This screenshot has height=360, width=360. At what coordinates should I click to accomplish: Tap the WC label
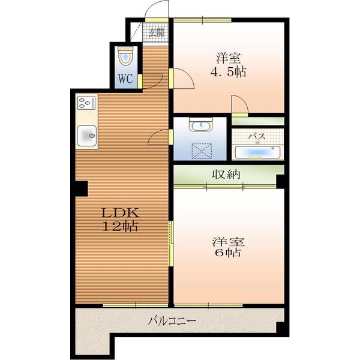pyautogui.click(x=125, y=79)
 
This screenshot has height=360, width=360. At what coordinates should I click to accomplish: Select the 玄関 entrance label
pyautogui.click(x=157, y=32)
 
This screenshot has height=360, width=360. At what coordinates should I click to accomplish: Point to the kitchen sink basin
pyautogui.click(x=87, y=136)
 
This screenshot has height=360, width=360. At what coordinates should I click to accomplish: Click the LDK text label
pyautogui.click(x=121, y=213)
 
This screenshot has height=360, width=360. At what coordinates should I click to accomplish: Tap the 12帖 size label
pyautogui.click(x=121, y=226)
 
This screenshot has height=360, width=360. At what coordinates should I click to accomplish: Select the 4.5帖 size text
pyautogui.click(x=228, y=71)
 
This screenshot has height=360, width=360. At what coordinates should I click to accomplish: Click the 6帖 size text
pyautogui.click(x=228, y=253)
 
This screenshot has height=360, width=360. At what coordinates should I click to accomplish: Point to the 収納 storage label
pyautogui.click(x=226, y=174)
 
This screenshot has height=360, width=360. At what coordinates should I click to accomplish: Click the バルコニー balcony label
pyautogui.click(x=172, y=320)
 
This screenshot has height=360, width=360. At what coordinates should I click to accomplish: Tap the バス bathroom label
pyautogui.click(x=257, y=136)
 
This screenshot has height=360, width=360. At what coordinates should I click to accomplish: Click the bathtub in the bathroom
pyautogui.click(x=257, y=152)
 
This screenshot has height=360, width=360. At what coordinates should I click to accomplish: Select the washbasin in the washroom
pyautogui.click(x=201, y=125)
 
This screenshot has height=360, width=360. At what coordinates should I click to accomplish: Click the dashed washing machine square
pyautogui.click(x=202, y=151)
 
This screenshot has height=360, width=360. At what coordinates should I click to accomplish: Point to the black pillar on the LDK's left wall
pyautogui.click(x=82, y=188)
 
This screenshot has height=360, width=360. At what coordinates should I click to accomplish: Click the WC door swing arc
pyautogui.click(x=155, y=83)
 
